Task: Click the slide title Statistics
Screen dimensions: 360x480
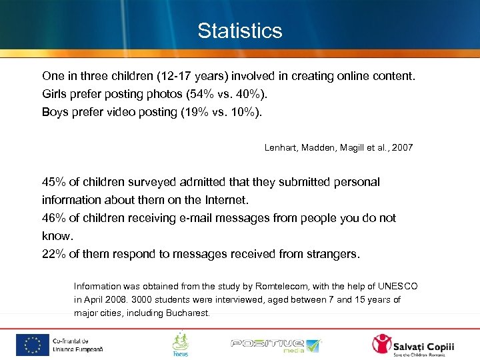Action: pyautogui.click(x=240, y=31)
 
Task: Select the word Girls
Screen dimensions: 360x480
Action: pyautogui.click(x=55, y=94)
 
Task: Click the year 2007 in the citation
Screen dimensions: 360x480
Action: pyautogui.click(x=403, y=147)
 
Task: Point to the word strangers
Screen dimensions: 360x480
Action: pyautogui.click(x=330, y=254)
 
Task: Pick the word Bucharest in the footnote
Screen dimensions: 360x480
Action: pyautogui.click(x=187, y=313)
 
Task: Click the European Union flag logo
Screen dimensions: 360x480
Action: pyautogui.click(x=32, y=343)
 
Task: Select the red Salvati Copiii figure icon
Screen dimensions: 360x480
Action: pyautogui.click(x=383, y=344)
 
